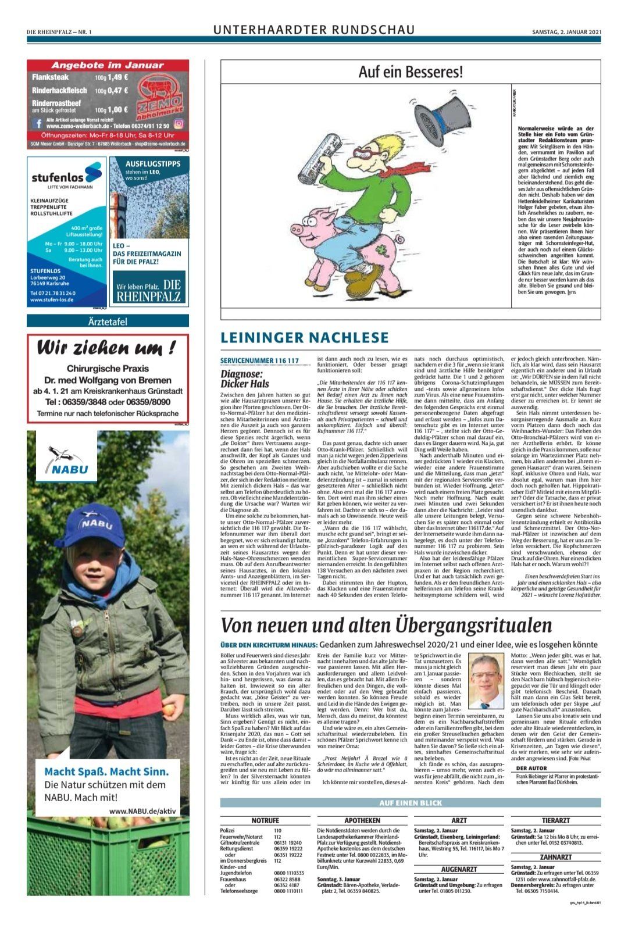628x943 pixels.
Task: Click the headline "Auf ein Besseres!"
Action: (x=411, y=73)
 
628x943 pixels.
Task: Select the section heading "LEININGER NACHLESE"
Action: (x=305, y=338)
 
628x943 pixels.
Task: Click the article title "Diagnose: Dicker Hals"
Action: (x=242, y=379)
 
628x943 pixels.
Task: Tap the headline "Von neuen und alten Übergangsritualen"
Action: (x=386, y=625)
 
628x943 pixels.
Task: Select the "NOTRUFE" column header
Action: (x=265, y=820)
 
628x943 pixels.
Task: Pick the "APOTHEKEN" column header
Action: (x=362, y=820)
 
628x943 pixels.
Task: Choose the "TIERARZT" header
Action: (x=555, y=820)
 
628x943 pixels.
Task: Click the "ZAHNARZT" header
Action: (x=555, y=857)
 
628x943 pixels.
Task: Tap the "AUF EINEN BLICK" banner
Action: (x=410, y=803)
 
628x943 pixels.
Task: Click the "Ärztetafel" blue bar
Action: (x=108, y=321)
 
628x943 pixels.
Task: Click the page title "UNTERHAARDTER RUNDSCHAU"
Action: (x=314, y=30)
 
